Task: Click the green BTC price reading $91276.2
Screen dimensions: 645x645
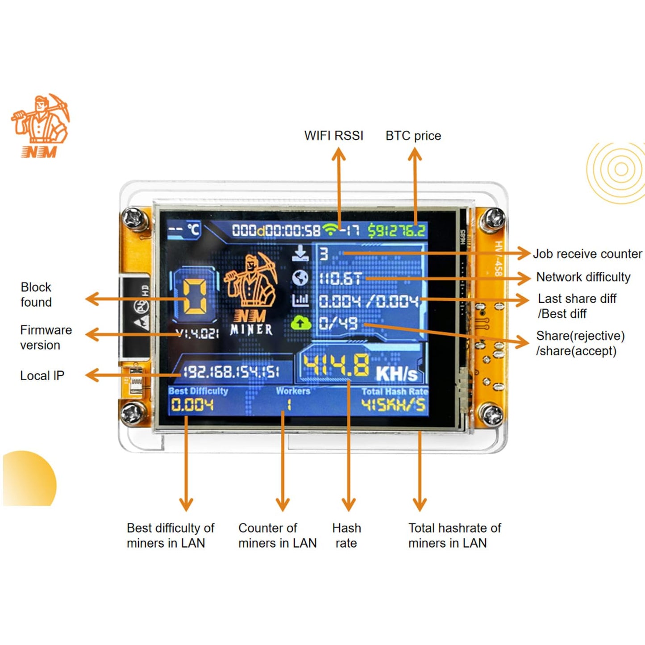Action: [x=396, y=230]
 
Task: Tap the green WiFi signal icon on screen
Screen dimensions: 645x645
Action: [x=330, y=229]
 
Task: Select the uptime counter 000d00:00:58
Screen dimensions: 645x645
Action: [x=276, y=230]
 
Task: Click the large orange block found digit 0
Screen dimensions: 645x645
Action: [x=195, y=295]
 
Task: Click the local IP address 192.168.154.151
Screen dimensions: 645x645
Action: [x=231, y=371]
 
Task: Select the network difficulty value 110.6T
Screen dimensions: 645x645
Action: [x=340, y=279]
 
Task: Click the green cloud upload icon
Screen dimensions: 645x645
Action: [x=300, y=322]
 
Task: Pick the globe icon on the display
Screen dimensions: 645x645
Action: [x=300, y=278]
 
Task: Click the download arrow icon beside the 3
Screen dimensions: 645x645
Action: [x=300, y=253]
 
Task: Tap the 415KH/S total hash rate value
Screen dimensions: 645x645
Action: [x=393, y=405]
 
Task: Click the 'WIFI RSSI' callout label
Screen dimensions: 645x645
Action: [x=333, y=136]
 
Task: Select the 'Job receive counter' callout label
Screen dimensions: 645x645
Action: [x=587, y=254]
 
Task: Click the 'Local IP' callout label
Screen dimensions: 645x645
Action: [x=42, y=376]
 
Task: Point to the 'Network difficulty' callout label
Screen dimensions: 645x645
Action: [x=583, y=277]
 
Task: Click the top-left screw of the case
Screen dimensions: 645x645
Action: [x=133, y=218]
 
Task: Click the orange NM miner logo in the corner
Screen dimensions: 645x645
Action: [x=40, y=126]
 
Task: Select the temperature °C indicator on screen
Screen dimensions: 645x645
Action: [x=184, y=230]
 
